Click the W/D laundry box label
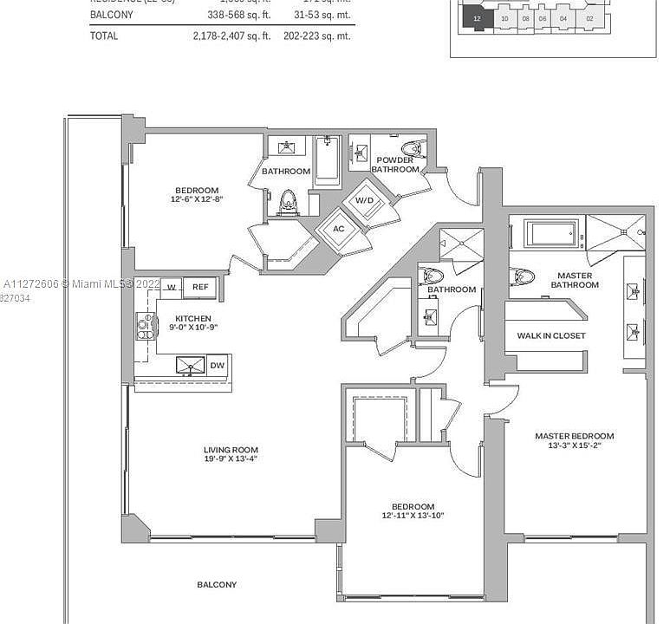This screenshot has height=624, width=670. pos(364,201)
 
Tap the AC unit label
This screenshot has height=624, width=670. pos(339,229)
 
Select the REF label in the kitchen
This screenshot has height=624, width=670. pos(200,287)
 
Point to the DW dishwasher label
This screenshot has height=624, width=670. pos(218,366)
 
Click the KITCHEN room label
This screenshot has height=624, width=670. pos(193,318)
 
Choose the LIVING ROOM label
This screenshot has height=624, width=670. pos(231,450)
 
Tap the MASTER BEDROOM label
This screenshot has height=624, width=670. pos(574,436)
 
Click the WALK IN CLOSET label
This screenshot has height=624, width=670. pos(550,335)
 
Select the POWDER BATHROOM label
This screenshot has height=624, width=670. pos(395,165)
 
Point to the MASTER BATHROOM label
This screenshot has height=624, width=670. pos(575,280)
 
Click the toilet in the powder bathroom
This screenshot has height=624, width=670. pos(411,148)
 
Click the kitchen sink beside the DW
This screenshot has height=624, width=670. pos(190,366)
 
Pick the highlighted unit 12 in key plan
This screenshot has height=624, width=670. pos(478,17)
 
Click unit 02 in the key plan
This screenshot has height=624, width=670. pos(589,17)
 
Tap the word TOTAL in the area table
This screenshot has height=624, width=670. pos(104,36)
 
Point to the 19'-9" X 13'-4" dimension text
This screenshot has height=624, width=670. pos(231,459)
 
